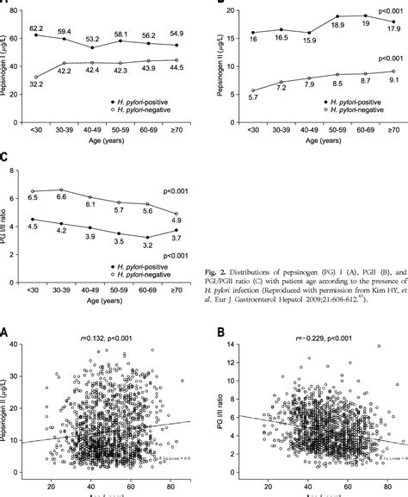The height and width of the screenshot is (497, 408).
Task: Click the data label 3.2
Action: (x=149, y=245)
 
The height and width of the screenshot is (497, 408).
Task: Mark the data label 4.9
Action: (x=176, y=220)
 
